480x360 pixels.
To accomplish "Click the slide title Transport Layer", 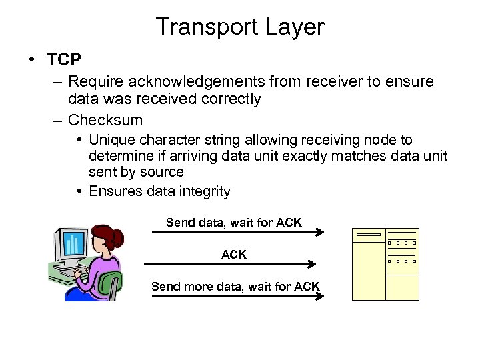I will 240,27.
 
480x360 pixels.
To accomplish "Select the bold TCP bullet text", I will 64,60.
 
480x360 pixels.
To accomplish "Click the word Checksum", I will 105,120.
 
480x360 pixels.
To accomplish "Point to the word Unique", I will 112,140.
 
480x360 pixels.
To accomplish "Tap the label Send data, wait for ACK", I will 234,222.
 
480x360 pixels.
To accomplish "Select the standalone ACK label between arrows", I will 234,254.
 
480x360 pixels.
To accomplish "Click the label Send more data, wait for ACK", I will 235,286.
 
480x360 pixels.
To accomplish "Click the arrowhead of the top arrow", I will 321,232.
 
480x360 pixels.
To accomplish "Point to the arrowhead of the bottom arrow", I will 321,296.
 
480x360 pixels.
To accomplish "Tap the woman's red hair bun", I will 119,236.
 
